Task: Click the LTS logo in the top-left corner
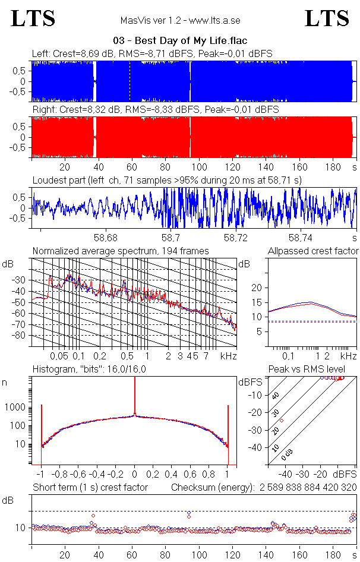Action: pyautogui.click(x=33, y=18)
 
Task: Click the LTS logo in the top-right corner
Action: pyautogui.click(x=327, y=18)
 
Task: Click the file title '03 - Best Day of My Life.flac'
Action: pyautogui.click(x=180, y=41)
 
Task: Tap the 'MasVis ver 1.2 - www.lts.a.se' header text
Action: pyautogui.click(x=179, y=20)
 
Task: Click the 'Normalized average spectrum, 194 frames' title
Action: pyautogui.click(x=121, y=251)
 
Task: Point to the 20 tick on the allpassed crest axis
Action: pyautogui.click(x=257, y=288)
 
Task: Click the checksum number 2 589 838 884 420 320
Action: pyautogui.click(x=306, y=488)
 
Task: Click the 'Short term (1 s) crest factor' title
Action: pyautogui.click(x=90, y=488)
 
